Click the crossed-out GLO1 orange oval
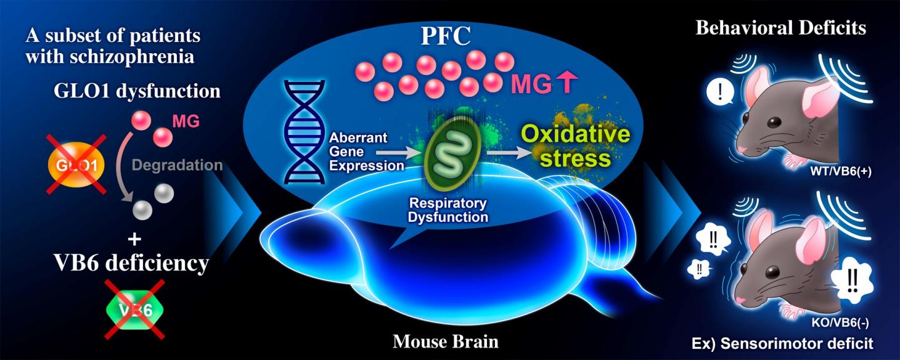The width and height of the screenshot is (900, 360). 76,164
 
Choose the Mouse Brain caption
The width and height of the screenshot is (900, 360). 446,342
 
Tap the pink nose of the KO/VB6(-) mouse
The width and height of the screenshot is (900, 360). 738,302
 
